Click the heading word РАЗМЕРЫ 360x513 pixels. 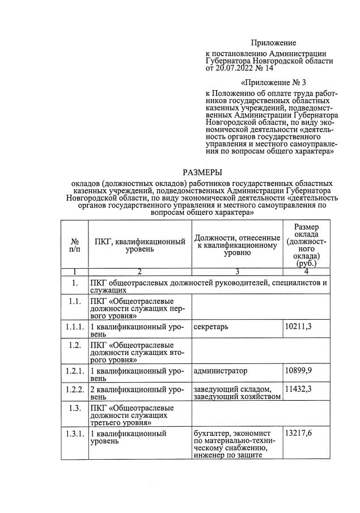(x=202, y=172)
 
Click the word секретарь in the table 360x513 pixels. (x=212, y=328)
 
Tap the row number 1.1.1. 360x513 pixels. (x=74, y=328)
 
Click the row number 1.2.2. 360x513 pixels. (x=74, y=389)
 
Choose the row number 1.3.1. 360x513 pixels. (x=74, y=434)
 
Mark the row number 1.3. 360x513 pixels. (x=74, y=407)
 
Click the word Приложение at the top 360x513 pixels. (x=274, y=43)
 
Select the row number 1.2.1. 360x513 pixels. (x=74, y=371)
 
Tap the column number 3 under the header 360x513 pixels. (x=237, y=272)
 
